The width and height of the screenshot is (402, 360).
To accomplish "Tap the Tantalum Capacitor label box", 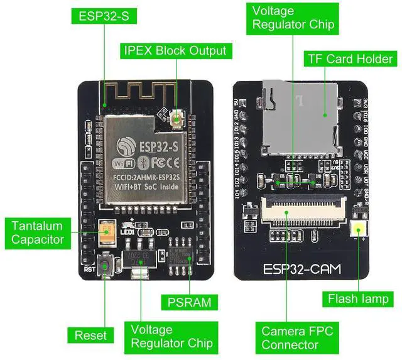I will click(x=38, y=232).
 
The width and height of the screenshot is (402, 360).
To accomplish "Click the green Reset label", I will click(x=90, y=335).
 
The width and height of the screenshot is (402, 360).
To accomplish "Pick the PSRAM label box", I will click(x=189, y=302).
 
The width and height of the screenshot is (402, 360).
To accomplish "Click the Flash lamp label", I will click(x=358, y=298).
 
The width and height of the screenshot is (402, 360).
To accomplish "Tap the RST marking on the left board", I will click(x=89, y=270).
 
